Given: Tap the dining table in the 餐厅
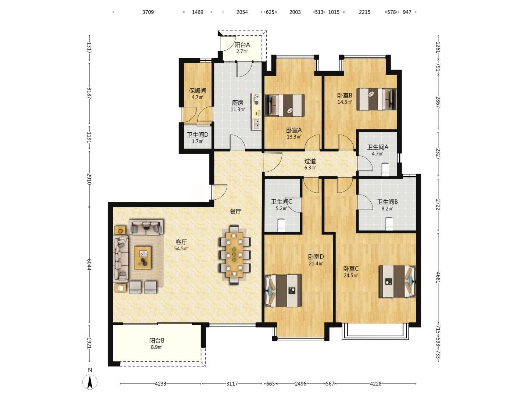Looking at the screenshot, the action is (234, 255).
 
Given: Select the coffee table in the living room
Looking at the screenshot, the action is (143, 258).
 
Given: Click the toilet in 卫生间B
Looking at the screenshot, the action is (389, 224).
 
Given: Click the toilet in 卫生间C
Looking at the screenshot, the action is (281, 225).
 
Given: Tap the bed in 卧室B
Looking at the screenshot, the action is (376, 99).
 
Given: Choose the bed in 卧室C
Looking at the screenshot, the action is (397, 281).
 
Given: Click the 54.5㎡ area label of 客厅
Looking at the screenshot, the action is (181, 248).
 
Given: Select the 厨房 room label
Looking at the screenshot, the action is (238, 103).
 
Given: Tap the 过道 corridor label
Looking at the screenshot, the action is (310, 161).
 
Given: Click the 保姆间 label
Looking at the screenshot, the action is (197, 91).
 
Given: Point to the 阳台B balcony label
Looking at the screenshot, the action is (157, 341).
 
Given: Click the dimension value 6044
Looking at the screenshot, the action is (89, 264).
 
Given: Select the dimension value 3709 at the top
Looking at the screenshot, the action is (148, 12).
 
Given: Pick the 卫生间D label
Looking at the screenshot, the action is (198, 135).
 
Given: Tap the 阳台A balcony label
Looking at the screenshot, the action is (242, 44).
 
